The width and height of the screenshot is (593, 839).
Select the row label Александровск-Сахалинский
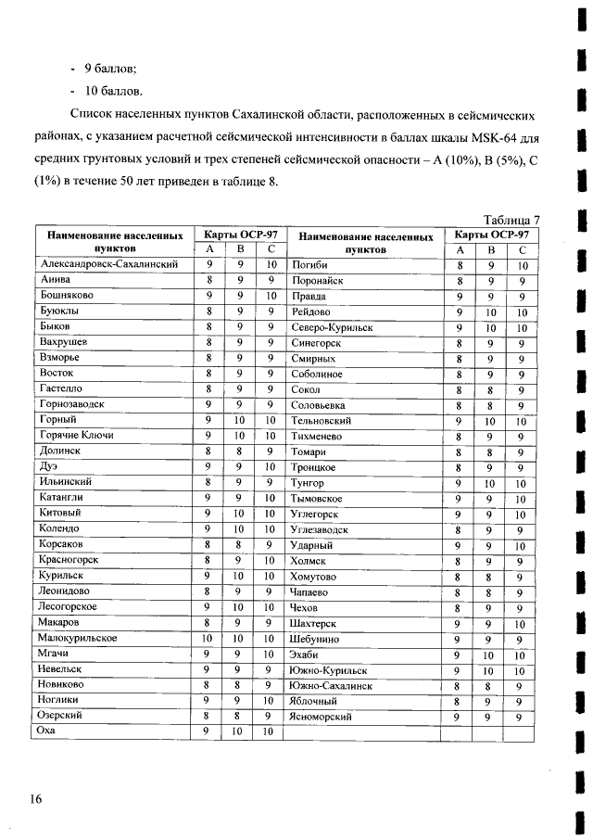click(108, 264)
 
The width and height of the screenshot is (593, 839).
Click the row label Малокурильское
click(77, 639)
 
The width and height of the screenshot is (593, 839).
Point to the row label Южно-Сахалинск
click(331, 686)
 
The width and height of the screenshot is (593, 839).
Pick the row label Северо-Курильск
click(332, 326)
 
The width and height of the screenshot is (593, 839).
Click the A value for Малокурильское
click(208, 639)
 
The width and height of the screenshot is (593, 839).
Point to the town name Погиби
click(309, 264)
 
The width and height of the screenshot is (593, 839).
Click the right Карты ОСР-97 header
click(490, 235)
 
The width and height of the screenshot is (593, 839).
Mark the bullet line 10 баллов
click(114, 92)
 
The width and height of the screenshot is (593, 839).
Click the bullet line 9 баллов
click(111, 70)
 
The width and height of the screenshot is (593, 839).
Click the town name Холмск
click(310, 561)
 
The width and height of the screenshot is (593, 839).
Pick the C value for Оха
click(270, 732)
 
